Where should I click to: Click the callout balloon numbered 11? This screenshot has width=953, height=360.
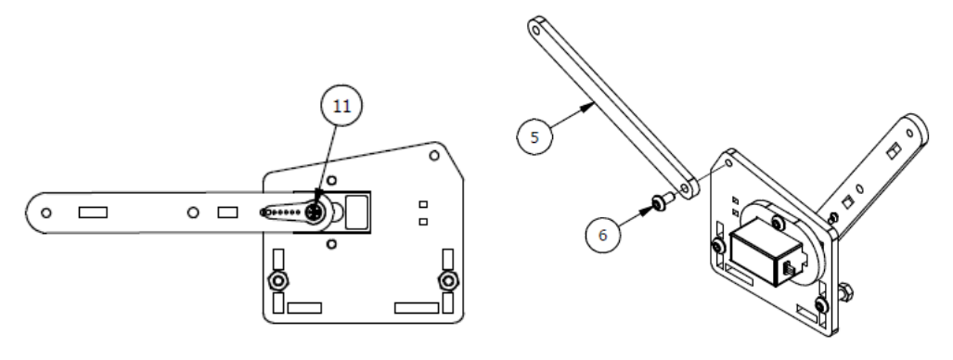(341, 106)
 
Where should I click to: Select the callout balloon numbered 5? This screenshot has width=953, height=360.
(534, 136)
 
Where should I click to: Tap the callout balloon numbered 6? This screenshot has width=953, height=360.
(603, 235)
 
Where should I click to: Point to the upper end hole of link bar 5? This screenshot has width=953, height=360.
(536, 27)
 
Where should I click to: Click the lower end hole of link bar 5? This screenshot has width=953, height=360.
(686, 189)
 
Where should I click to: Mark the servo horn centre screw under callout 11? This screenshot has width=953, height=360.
(316, 212)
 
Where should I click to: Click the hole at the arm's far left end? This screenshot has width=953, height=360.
(46, 212)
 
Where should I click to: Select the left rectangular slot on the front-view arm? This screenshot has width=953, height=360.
(93, 212)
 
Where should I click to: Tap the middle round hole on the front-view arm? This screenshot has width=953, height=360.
(193, 212)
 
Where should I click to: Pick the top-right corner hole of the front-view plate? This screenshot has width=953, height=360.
(434, 155)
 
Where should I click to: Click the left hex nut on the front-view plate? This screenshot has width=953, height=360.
(278, 280)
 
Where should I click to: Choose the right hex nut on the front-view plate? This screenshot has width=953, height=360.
(448, 280)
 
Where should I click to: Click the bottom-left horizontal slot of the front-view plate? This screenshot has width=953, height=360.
(304, 308)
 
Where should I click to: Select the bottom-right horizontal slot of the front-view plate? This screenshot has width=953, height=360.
(417, 308)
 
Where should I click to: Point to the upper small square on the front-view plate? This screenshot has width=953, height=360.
(424, 204)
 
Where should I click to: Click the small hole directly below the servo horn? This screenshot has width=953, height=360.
(331, 244)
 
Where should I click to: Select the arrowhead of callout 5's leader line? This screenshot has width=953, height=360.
(588, 108)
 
